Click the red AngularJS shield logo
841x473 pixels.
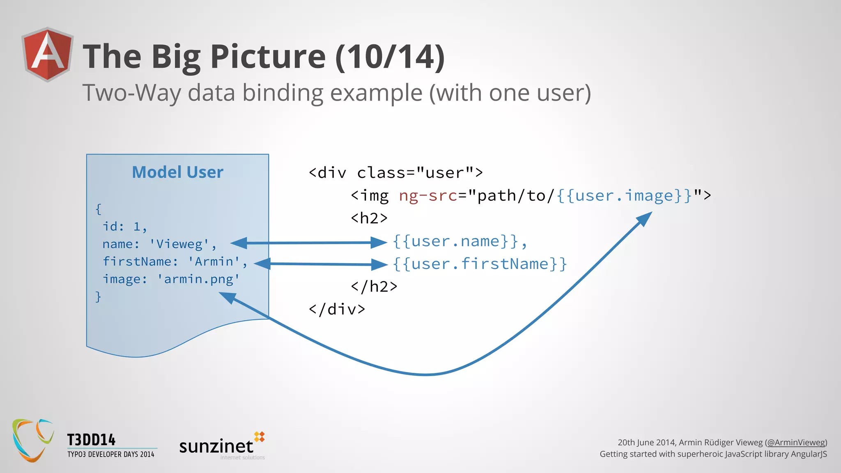[48, 54]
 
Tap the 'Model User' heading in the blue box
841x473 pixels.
[177, 172]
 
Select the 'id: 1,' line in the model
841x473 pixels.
[124, 227]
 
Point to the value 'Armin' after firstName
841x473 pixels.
[214, 262]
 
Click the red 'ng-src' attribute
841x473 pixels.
[428, 196]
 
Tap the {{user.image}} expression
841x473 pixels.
[625, 196]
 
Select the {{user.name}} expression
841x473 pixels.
[456, 241]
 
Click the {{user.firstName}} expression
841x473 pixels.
[480, 264]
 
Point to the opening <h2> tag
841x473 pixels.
[369, 218]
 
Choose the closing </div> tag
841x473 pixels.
[337, 309]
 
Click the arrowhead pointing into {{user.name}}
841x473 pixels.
[379, 242]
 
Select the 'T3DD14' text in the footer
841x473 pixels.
[91, 440]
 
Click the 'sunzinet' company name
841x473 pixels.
[216, 446]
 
